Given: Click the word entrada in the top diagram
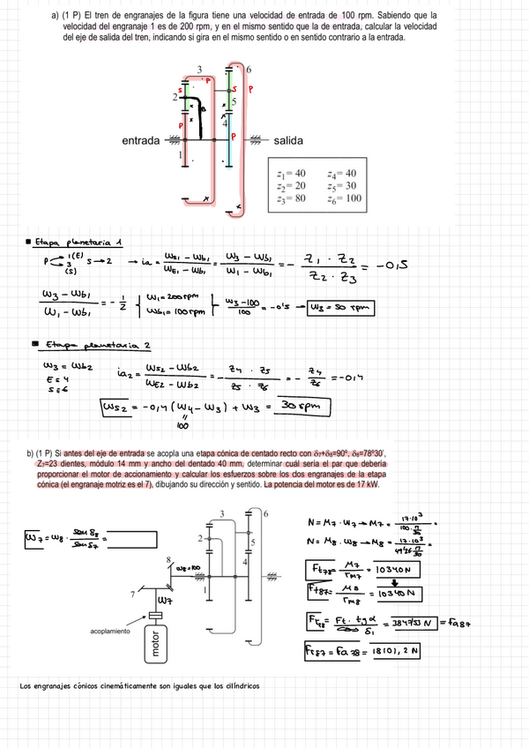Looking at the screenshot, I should coord(141,140).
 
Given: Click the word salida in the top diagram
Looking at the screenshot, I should coord(288,140).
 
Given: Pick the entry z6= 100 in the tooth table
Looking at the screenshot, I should coord(344,198).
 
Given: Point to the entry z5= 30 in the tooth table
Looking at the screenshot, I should coord(341,186).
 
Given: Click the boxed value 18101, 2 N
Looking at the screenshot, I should coord(389,651).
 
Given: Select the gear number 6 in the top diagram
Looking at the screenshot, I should coord(250,70).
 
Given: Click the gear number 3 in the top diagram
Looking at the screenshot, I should coord(200,70).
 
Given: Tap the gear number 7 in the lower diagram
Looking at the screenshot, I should coord(132,594).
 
